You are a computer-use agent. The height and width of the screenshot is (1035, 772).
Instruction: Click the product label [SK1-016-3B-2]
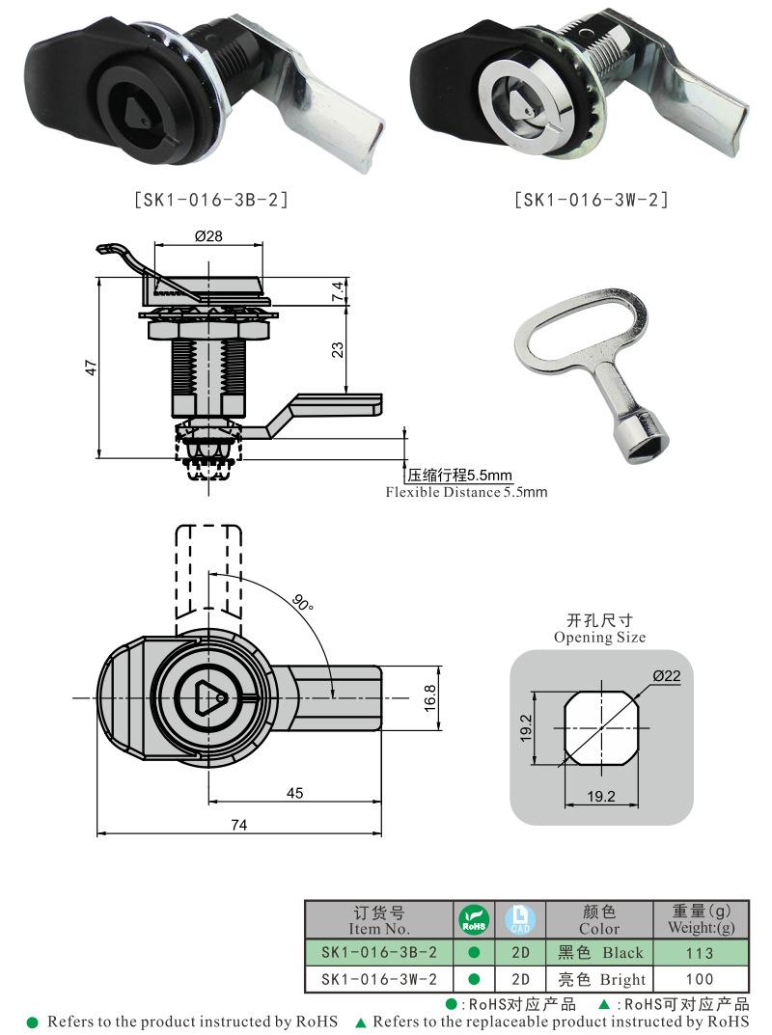point(209,200)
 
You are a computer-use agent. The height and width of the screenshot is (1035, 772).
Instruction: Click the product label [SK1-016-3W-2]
point(591,200)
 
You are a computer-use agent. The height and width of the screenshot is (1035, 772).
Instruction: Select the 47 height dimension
point(89,368)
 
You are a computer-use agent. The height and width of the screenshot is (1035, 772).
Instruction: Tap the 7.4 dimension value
point(337,292)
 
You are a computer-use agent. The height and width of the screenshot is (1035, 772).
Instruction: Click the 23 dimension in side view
point(337,350)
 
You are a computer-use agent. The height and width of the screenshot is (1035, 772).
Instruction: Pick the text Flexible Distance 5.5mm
point(466,492)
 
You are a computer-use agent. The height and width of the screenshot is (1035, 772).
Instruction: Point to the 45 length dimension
point(294,793)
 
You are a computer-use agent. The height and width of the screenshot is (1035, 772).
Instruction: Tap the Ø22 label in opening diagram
point(666,676)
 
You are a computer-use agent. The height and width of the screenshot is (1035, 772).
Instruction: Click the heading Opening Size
point(599,637)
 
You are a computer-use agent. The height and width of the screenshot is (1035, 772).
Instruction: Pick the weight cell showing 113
point(701,953)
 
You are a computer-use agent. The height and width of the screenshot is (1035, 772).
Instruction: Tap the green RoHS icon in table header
point(474,919)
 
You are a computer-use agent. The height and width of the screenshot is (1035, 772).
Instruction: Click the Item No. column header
point(379,920)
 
